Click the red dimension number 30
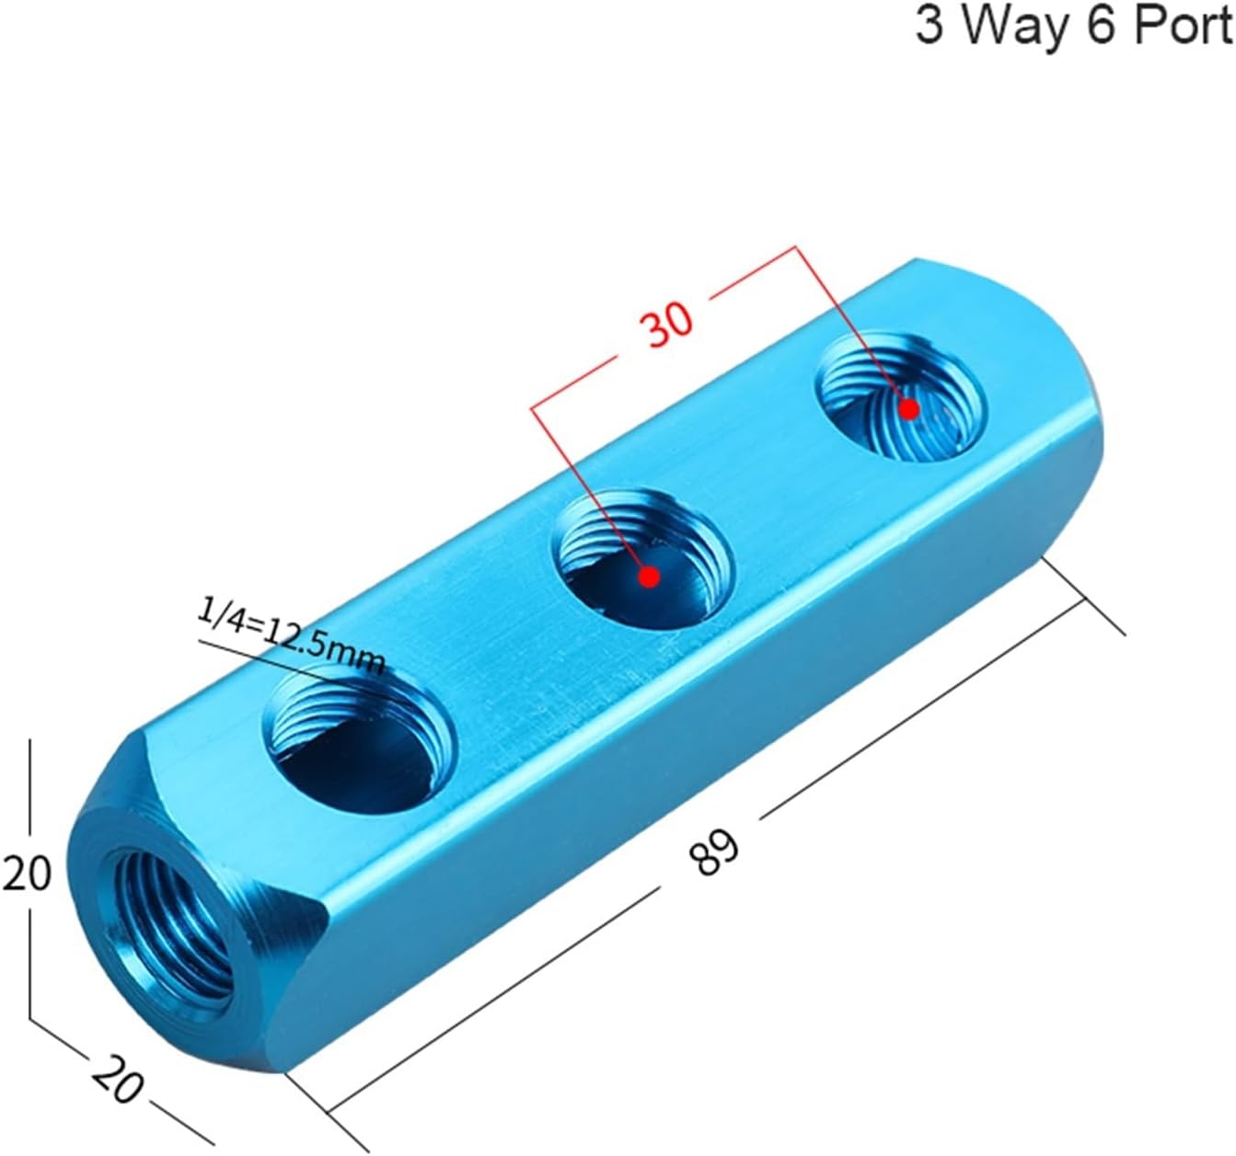coord(669,325)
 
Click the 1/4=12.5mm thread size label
coord(291,635)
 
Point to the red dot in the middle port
coord(650,577)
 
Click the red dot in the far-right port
coord(909,409)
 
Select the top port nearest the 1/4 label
coord(361,739)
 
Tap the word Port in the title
coord(1183,26)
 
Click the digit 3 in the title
coord(930,26)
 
